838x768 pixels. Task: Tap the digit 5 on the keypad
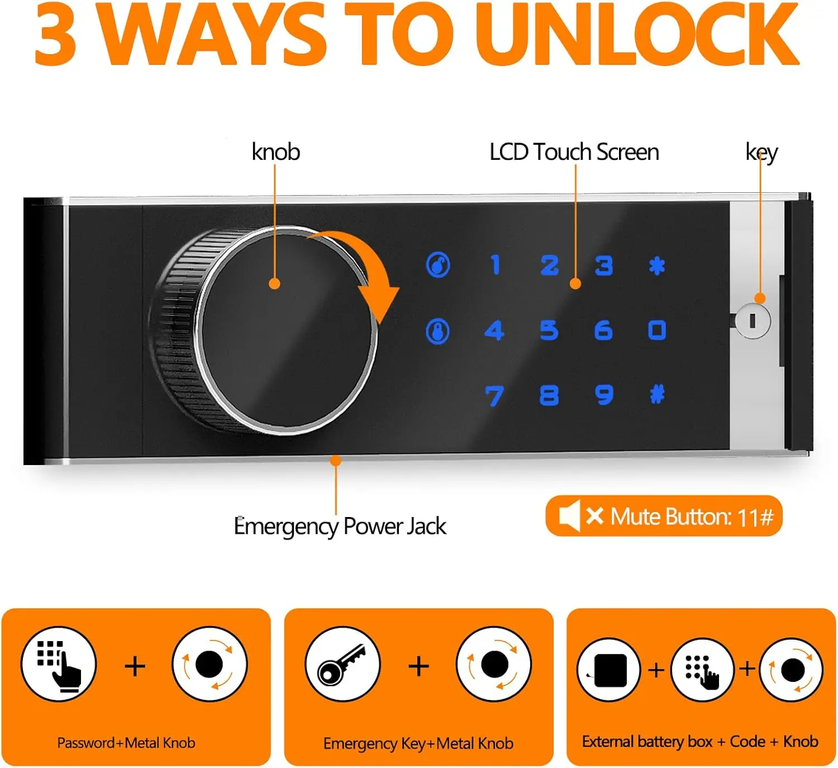549,330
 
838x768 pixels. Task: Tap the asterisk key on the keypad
656,266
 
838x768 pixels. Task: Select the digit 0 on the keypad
656,330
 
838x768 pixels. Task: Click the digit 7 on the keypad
494,396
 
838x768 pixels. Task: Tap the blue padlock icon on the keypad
437,331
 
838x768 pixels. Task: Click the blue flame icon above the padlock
438,264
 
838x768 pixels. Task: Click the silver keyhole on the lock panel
753,321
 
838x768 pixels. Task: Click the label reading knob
276,151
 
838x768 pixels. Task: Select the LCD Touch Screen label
574,151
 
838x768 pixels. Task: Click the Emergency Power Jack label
340,526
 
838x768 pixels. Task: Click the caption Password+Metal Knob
126,742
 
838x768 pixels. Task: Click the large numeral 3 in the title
55,34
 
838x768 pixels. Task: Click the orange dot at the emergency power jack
335,461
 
